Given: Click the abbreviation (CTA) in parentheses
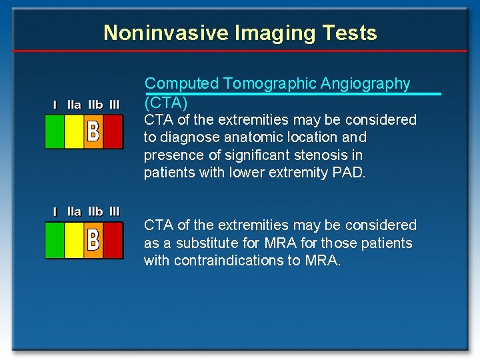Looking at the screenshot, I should point(166,103).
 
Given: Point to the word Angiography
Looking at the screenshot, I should point(365,83).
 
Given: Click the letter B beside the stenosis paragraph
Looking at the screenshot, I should point(93,131).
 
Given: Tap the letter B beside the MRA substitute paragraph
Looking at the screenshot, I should point(93,240).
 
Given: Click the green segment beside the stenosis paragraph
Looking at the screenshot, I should point(55,131).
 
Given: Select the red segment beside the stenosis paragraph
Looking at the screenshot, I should point(113,131).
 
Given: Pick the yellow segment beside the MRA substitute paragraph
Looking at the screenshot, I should point(74,240).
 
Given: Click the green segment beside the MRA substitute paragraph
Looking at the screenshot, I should point(55,240).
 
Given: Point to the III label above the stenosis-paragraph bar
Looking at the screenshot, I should point(115,105).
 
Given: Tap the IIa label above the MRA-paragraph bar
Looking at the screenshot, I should point(74,212).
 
